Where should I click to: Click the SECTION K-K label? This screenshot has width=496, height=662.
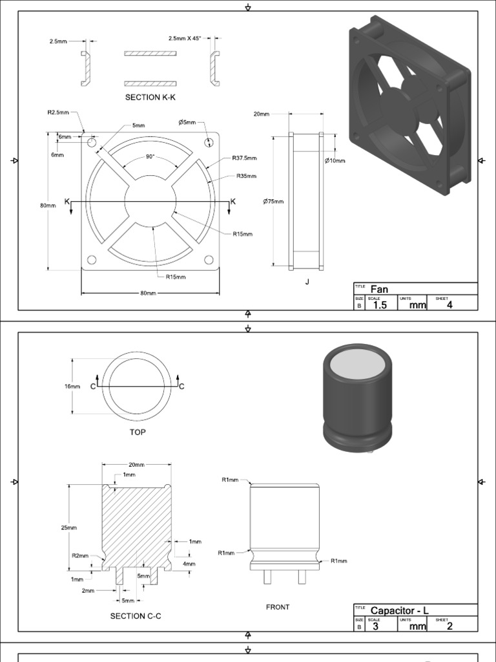click(150, 97)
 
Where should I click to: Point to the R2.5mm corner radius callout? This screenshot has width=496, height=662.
click(57, 112)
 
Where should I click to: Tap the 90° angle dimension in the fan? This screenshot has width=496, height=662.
click(150, 156)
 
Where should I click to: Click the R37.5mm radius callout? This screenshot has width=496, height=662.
click(244, 158)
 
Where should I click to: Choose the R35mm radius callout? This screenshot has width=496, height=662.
click(246, 176)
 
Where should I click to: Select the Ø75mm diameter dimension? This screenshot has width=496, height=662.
click(273, 201)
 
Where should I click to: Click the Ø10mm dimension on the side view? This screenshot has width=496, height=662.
click(335, 160)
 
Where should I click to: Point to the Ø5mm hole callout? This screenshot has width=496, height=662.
click(186, 122)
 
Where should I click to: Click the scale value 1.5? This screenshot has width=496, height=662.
click(380, 305)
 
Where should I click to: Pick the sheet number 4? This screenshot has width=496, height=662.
click(449, 305)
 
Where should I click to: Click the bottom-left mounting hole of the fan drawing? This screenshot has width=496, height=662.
click(92, 260)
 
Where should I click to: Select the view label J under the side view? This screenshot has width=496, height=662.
click(307, 281)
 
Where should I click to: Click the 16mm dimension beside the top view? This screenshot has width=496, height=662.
click(72, 387)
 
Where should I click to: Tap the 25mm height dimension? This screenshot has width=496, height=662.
click(69, 528)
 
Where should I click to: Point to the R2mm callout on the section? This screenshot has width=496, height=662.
click(79, 555)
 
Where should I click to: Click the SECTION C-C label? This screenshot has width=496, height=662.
click(136, 616)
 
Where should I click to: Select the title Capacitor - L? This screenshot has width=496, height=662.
click(399, 610)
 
